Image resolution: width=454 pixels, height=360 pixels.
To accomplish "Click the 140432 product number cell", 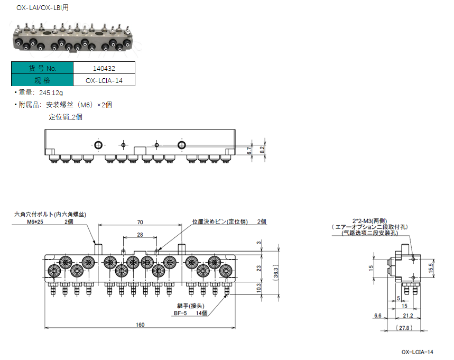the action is click(104, 68).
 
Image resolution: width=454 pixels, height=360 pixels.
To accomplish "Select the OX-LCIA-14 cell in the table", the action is click(104, 80).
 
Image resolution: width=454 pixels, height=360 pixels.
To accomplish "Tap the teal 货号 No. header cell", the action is click(42, 68).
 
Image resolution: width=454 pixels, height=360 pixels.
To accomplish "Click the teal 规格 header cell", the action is click(42, 80).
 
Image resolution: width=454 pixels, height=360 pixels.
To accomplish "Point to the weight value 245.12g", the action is click(51, 93).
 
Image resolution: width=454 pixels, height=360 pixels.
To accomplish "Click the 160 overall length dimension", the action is click(140, 325).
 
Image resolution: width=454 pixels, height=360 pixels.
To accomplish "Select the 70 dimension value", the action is click(140, 222).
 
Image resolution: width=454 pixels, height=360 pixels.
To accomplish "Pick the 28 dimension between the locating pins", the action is click(140, 235).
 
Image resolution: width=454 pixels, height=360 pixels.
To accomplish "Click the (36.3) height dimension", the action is click(276, 273).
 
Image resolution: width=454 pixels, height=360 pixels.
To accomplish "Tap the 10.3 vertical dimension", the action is click(258, 288).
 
